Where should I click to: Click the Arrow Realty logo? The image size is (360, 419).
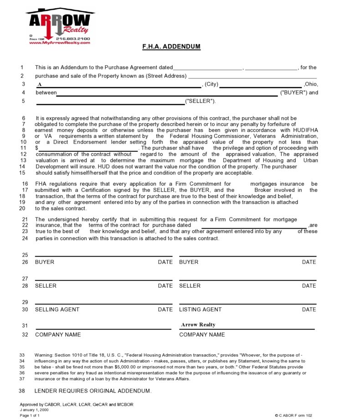(60, 26)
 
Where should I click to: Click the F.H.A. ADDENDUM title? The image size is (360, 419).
(171, 47)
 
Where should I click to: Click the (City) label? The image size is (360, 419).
(211, 84)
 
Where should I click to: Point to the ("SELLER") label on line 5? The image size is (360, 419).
(201, 101)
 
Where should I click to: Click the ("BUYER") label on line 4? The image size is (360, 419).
(293, 93)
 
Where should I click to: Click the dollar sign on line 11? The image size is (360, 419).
(36, 148)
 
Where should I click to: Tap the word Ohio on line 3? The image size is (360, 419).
(311, 84)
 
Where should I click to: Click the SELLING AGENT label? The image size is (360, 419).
(57, 310)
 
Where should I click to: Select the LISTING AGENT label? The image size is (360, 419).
(201, 310)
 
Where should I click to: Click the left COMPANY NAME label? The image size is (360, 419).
(58, 335)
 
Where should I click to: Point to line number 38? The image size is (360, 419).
(22, 391)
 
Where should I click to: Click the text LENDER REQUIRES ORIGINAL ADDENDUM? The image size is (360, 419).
(93, 391)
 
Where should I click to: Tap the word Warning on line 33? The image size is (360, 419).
(44, 355)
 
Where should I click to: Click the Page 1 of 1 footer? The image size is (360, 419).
(30, 415)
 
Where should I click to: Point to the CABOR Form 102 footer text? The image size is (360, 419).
(293, 415)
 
